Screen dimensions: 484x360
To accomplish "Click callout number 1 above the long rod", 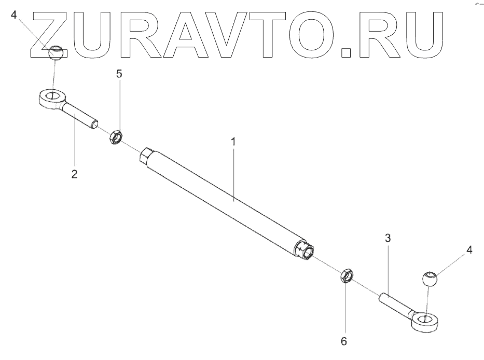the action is (x=233, y=141).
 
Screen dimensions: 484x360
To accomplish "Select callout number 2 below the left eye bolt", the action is (x=74, y=174).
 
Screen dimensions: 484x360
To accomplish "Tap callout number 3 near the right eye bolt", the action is (x=388, y=239).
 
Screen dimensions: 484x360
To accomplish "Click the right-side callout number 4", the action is (x=469, y=251).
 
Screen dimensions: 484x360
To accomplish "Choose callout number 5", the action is (x=119, y=74).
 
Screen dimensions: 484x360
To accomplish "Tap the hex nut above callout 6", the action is (x=347, y=275).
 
